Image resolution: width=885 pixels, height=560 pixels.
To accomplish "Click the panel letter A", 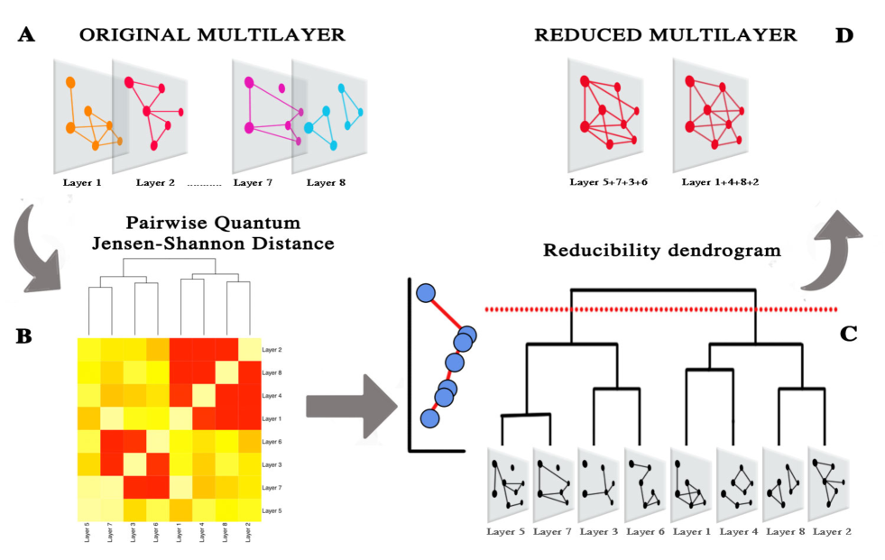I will point(25,35).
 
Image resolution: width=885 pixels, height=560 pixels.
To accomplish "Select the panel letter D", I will point(844,35).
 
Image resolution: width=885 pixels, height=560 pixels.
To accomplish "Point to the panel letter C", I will point(849,334).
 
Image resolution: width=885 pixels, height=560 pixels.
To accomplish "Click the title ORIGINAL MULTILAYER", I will point(212,35).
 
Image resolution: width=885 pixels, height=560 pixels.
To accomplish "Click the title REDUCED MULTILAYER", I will point(665,35).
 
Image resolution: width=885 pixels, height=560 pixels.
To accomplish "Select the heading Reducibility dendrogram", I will point(662,251).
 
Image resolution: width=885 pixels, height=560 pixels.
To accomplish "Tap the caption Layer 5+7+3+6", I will point(609,183).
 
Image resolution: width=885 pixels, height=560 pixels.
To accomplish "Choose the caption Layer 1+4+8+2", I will point(720,183).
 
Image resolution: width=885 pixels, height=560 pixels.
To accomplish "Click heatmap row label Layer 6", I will point(272,441).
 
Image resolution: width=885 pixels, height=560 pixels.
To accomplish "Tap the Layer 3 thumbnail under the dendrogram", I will point(600,483).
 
